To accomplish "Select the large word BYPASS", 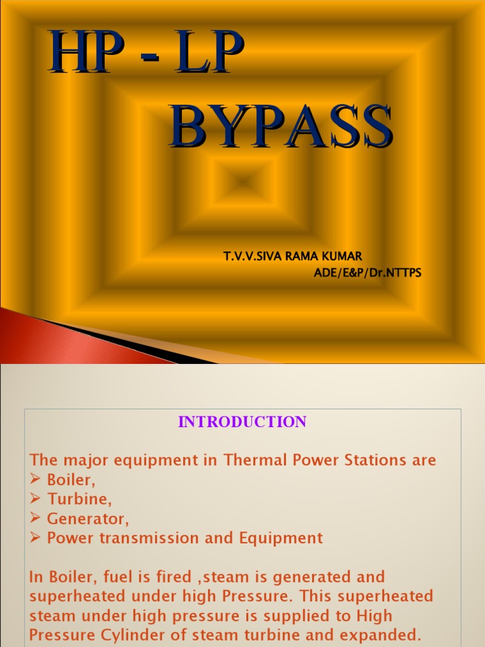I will [x=281, y=128].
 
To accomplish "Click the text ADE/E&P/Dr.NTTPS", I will [x=368, y=273].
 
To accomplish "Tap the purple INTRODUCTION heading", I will [x=242, y=422].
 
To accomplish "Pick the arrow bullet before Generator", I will [x=35, y=519].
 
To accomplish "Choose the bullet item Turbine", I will [x=79, y=499].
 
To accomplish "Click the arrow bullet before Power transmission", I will [x=35, y=538].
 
